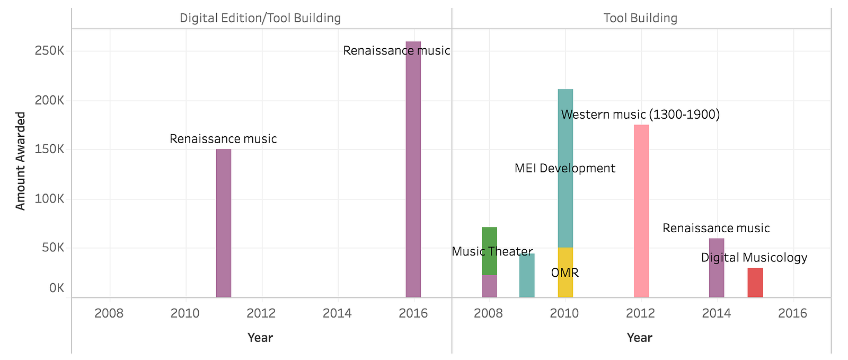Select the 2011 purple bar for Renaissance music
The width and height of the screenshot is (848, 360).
224,223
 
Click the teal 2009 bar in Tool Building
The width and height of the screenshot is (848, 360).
527,276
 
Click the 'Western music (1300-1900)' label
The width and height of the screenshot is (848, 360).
640,115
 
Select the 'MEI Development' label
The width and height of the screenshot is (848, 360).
565,169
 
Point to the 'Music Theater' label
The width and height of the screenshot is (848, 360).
492,251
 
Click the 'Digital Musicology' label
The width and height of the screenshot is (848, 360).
754,258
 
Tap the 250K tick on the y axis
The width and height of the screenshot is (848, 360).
50,51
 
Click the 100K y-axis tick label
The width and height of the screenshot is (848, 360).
50,199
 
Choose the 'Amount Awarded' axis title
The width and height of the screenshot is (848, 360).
21,161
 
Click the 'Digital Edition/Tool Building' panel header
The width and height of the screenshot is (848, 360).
260,18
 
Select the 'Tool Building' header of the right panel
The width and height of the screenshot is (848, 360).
640,18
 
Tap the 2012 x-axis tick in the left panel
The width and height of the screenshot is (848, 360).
261,313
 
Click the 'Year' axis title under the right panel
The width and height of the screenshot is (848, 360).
639,338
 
